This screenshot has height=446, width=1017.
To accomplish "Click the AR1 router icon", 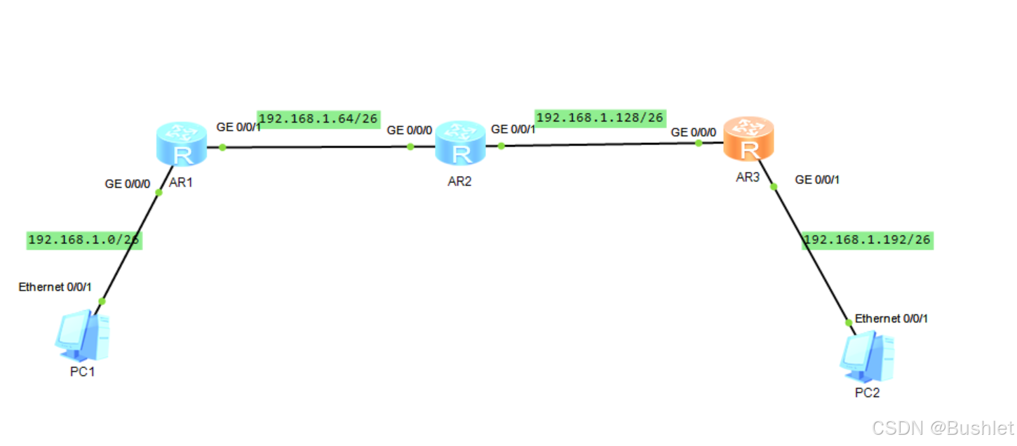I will (x=182, y=143).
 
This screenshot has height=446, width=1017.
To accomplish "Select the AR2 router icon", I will (x=460, y=142).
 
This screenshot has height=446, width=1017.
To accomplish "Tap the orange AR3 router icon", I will (x=749, y=138).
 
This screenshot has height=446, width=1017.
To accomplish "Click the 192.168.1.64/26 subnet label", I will (x=318, y=119).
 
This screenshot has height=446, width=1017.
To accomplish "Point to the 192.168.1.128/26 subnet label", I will (x=600, y=118).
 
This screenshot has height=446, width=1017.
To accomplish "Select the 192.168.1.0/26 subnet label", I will (x=83, y=240).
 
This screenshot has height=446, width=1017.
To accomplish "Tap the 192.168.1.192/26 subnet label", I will (x=867, y=240).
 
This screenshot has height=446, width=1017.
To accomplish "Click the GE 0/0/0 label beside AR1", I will (x=128, y=184).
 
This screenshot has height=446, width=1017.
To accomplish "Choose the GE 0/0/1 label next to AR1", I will (x=238, y=128).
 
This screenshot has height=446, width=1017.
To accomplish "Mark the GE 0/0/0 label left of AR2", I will (x=410, y=130).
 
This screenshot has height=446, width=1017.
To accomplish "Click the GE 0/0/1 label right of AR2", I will (x=513, y=129).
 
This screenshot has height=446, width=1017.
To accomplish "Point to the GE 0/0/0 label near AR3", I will (x=694, y=132).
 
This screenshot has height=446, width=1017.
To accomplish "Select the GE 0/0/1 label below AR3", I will (x=817, y=180).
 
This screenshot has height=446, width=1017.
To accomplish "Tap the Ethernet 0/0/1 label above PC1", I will (x=55, y=287).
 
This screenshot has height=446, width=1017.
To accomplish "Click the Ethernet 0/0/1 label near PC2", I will (x=891, y=318).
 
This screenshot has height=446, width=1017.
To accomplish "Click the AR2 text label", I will (x=459, y=181).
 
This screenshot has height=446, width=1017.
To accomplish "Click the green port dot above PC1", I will (x=102, y=301).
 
